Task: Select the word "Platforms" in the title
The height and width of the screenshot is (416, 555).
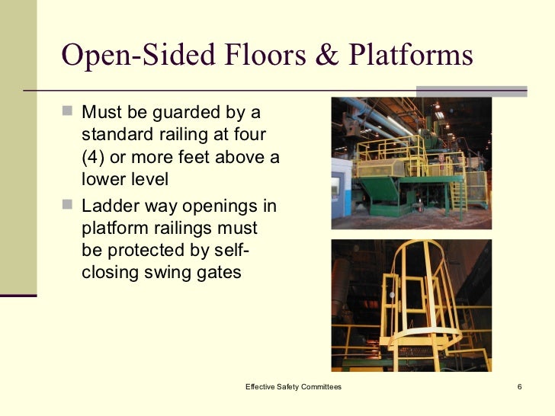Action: point(412,56)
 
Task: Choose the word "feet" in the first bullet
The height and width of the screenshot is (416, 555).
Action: point(212,158)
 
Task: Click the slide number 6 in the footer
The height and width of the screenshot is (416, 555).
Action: point(519,387)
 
